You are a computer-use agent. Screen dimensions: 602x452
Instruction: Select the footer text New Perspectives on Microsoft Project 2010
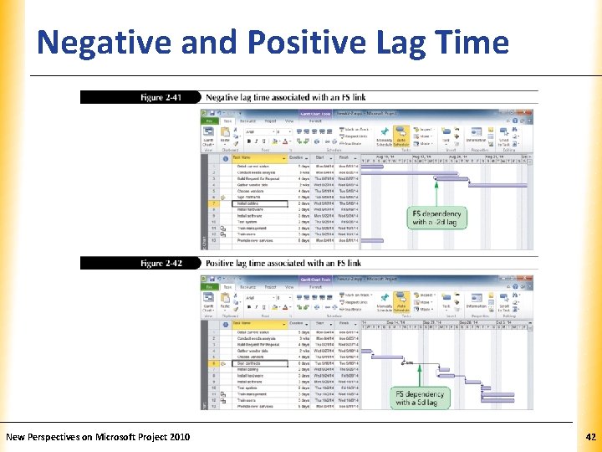click(x=98, y=437)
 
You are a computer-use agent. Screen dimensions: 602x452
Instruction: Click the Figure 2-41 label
click(x=161, y=98)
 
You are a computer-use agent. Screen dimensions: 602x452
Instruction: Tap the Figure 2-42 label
click(x=161, y=264)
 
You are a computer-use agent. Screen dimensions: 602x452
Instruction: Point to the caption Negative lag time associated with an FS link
click(x=285, y=98)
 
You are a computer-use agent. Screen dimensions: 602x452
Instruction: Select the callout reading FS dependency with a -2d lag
click(x=436, y=218)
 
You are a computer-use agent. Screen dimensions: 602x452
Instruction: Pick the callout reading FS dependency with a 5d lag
click(x=421, y=398)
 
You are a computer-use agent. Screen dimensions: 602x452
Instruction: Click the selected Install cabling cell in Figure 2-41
click(x=259, y=203)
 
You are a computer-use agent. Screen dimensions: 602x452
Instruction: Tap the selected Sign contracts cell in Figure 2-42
click(x=259, y=363)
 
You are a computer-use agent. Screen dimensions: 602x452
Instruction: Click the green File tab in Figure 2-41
click(x=209, y=121)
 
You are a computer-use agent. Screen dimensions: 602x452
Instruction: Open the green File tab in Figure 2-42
click(x=209, y=286)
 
